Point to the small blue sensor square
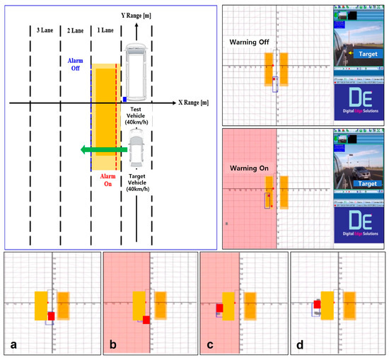click(x=124, y=100)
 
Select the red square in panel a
click(x=51, y=316)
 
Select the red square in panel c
click(x=220, y=308)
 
